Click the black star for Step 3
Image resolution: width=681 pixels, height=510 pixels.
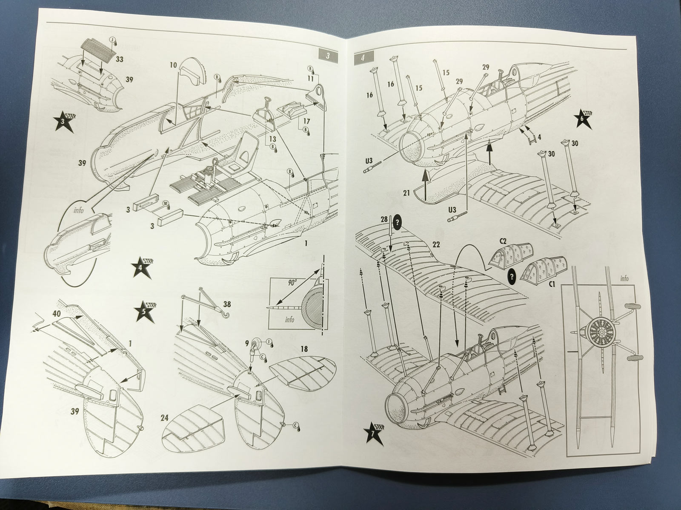64,122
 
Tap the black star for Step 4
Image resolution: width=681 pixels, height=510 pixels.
142,268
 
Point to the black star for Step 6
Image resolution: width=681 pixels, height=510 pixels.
584,120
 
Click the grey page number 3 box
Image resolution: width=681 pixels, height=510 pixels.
328,56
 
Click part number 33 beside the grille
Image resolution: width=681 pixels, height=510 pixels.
119,59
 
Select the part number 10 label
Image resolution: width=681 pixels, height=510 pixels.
173,65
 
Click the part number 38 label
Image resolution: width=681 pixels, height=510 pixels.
227,304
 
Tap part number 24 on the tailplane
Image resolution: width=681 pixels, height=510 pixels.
164,418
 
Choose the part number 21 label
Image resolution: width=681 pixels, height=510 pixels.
406,193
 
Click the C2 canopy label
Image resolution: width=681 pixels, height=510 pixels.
503,241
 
